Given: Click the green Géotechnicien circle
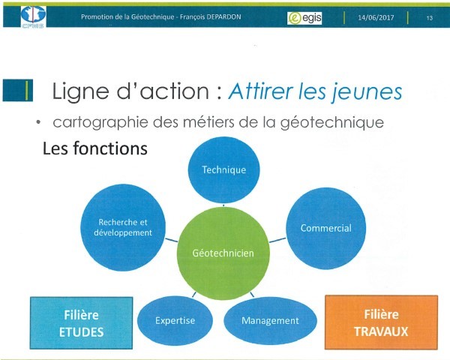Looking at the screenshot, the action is pyautogui.click(x=223, y=253).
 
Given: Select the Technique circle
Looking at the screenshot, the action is pyautogui.click(x=223, y=170).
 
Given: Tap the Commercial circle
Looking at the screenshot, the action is pyautogui.click(x=326, y=228).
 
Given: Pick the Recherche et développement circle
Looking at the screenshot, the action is pyautogui.click(x=123, y=227).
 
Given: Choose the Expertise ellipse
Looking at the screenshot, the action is pyautogui.click(x=175, y=320).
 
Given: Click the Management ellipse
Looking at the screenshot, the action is pyautogui.click(x=270, y=321).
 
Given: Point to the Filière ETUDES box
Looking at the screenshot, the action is pyautogui.click(x=82, y=323).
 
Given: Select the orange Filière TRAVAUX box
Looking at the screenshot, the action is pyautogui.click(x=382, y=322).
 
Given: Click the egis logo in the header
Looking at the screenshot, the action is pyautogui.click(x=304, y=18).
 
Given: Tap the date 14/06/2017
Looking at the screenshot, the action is pyautogui.click(x=376, y=17).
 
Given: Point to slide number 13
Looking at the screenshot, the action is pyautogui.click(x=429, y=18).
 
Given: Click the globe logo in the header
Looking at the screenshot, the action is pyautogui.click(x=33, y=16).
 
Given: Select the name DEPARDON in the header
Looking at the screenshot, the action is pyautogui.click(x=223, y=17).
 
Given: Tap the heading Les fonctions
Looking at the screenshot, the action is pyautogui.click(x=95, y=148).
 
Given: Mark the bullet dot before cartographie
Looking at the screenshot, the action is pyautogui.click(x=38, y=122).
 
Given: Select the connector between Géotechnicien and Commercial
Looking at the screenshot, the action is pyautogui.click(x=277, y=240).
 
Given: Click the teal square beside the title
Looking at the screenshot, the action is pyautogui.click(x=18, y=91).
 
